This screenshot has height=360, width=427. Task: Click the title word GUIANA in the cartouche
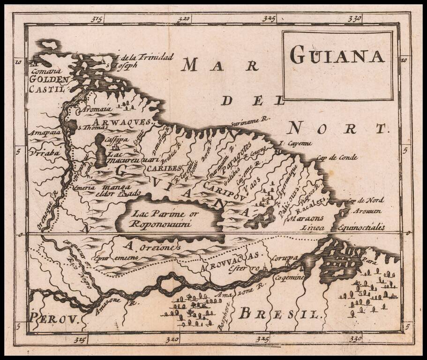(337, 55)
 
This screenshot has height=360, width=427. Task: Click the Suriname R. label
(251, 121)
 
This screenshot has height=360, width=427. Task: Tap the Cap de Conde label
(337, 157)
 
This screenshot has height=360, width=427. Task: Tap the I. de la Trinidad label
(146, 57)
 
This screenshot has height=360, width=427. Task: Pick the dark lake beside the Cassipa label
(100, 150)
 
